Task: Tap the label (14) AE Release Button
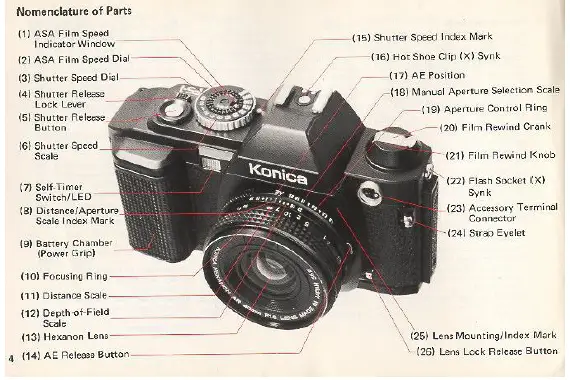pyautogui.click(x=75, y=355)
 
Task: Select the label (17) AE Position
pyautogui.click(x=429, y=75)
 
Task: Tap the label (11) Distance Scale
pyautogui.click(x=66, y=296)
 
